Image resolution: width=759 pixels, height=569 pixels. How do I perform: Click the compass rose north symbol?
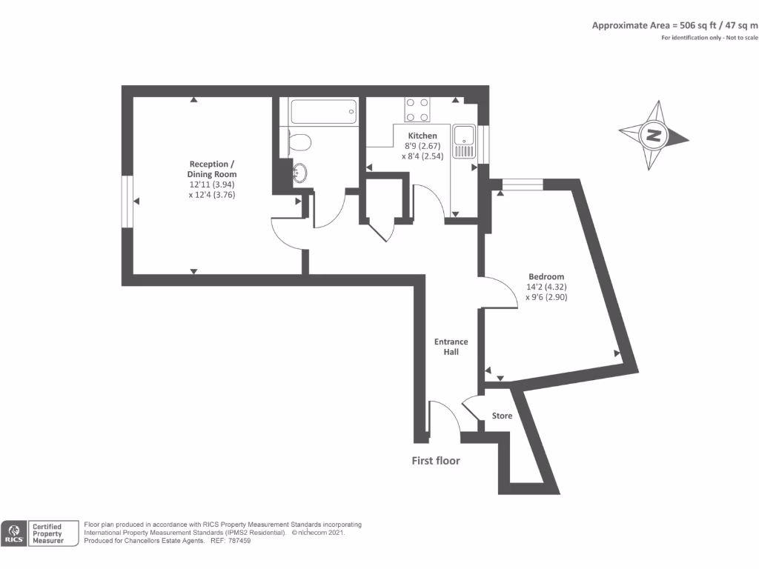[x=653, y=136]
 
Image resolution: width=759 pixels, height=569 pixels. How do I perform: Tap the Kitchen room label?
[x=422, y=136]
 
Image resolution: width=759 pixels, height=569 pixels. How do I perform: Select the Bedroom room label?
[x=546, y=276]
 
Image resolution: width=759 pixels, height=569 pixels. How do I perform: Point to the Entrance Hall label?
[x=451, y=347]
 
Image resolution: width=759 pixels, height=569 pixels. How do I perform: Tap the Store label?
[x=502, y=416]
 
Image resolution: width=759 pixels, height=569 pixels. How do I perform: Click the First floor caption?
[x=436, y=461]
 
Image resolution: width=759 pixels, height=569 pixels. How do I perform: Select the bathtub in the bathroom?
[x=322, y=113]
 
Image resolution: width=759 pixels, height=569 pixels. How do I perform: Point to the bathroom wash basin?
[x=298, y=173]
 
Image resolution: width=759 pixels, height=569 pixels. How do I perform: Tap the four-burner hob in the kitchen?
[x=417, y=110]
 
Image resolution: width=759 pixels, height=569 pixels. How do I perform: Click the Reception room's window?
[x=127, y=201]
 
